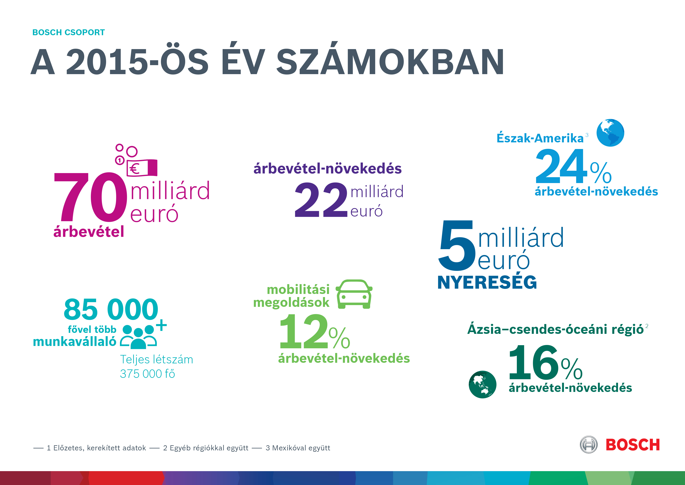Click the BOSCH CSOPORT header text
click(69, 32)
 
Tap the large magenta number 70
click(90, 197)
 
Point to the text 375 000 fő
click(147, 374)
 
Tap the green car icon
click(354, 294)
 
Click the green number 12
click(303, 331)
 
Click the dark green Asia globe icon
click(482, 384)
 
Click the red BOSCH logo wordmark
click(632, 445)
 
